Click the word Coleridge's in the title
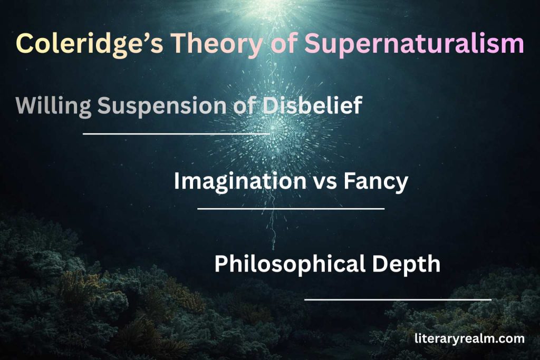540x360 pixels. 85,44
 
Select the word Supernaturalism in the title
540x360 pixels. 414,44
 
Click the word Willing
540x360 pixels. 53,106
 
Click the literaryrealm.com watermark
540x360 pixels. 469,338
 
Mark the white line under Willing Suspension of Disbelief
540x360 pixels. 176,134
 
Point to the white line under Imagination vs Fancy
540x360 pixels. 291,209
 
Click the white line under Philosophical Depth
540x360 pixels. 398,299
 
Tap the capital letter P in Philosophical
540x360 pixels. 221,264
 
